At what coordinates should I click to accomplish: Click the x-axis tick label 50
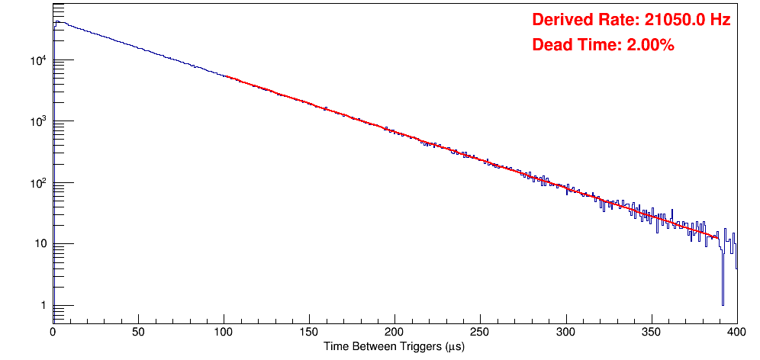(138, 332)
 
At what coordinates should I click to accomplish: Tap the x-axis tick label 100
(224, 332)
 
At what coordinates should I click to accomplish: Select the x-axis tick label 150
(309, 332)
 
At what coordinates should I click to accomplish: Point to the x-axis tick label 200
(394, 332)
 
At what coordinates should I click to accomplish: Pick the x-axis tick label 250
(480, 332)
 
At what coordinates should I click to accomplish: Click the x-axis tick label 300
(565, 332)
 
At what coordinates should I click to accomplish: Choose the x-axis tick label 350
(651, 332)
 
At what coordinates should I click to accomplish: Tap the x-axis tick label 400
(736, 332)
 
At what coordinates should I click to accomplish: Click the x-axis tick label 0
(53, 332)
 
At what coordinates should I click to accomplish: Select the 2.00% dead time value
(650, 46)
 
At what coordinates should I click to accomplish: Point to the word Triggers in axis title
(415, 347)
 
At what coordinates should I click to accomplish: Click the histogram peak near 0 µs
(57, 22)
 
